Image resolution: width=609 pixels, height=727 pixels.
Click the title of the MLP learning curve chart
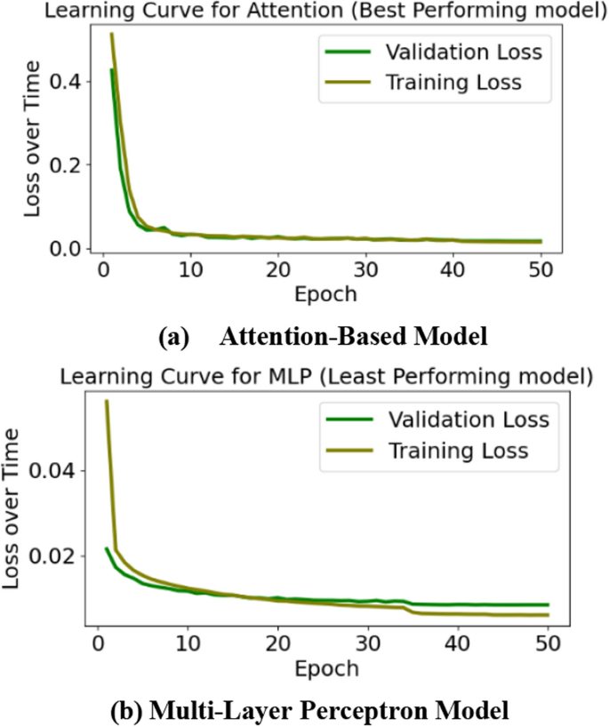coord(325,376)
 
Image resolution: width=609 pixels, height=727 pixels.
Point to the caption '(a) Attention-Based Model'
coord(322,337)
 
